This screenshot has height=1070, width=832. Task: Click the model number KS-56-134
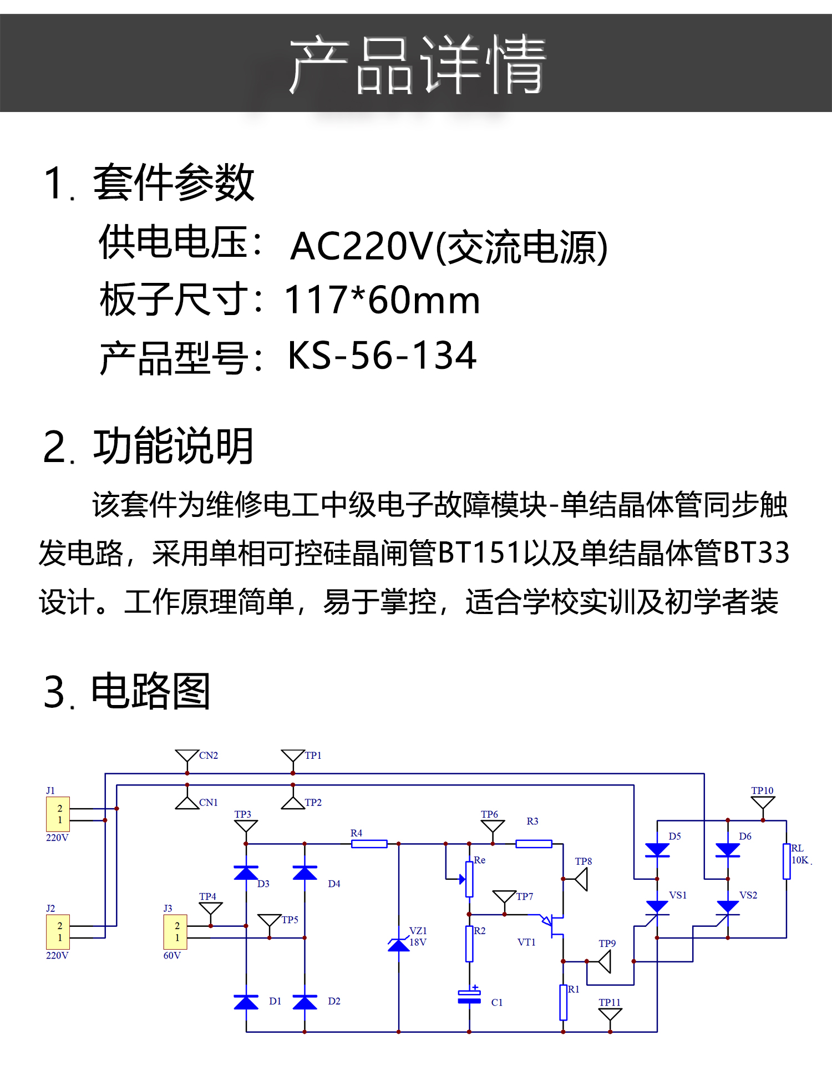coord(382,355)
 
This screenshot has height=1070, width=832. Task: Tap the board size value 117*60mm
coord(382,300)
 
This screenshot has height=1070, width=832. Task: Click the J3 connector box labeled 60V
coord(175,932)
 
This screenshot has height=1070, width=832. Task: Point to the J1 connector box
coord(58,814)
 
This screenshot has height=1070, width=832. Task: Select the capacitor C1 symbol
coord(469,997)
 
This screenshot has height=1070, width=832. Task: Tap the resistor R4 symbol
coord(369,844)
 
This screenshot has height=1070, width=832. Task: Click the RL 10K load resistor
coord(786,861)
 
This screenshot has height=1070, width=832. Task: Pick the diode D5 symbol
coord(657,850)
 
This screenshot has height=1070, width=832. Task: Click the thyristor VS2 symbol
coord(727,907)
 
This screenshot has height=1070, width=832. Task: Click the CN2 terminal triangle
coord(187,757)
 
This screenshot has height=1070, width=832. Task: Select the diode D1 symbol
coord(246,1002)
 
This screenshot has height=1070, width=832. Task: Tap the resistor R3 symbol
coord(534,844)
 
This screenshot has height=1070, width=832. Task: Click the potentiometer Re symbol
coord(469,879)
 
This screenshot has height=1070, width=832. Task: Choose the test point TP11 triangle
coord(610,1015)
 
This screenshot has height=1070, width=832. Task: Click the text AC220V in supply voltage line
coord(361,246)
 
